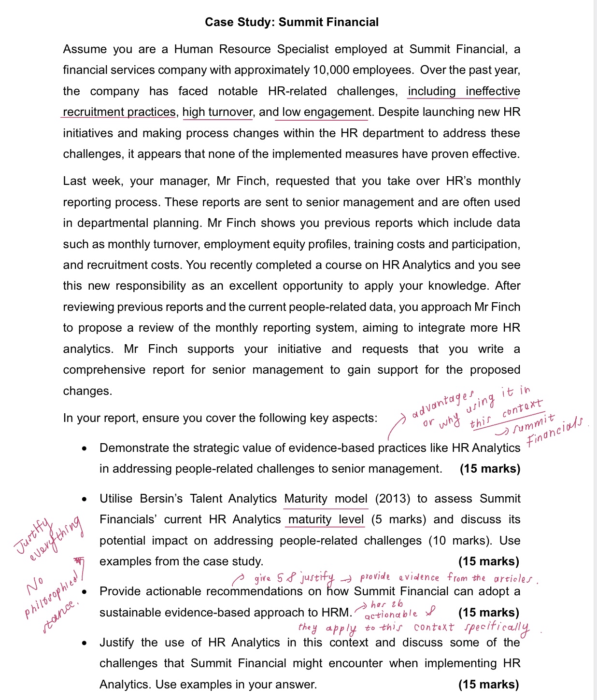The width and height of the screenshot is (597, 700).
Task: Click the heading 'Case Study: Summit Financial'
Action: (x=292, y=22)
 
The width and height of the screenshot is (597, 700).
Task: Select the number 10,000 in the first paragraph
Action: (x=331, y=70)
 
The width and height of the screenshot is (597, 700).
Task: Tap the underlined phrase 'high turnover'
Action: (x=217, y=112)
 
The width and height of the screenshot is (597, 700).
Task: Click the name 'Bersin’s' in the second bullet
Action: (x=161, y=499)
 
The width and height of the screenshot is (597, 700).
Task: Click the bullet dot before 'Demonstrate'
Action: (x=85, y=448)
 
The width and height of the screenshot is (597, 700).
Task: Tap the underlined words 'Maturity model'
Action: (x=326, y=499)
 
